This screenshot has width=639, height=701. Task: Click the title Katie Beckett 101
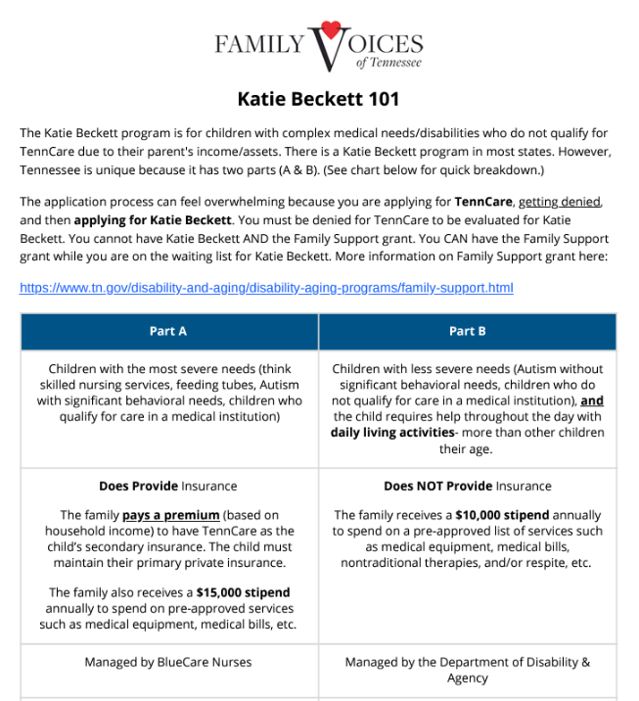(x=318, y=99)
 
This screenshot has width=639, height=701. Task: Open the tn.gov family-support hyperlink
(x=266, y=288)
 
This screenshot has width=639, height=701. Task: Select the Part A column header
(x=168, y=331)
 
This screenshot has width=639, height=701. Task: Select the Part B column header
(x=467, y=331)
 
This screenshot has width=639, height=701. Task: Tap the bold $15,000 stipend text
(x=243, y=592)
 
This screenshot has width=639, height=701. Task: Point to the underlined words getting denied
(x=573, y=202)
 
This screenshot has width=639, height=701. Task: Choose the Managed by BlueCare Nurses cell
(x=168, y=663)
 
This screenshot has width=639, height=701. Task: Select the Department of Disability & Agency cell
(x=467, y=670)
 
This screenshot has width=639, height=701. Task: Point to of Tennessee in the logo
(x=389, y=63)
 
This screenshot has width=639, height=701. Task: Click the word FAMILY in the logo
(x=259, y=45)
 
